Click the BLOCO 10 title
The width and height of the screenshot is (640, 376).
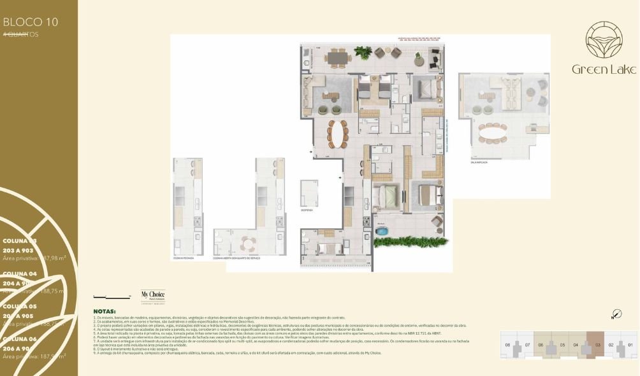(x=31, y=22)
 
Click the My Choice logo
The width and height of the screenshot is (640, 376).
(x=148, y=296)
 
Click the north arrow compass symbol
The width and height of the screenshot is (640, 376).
(x=615, y=314)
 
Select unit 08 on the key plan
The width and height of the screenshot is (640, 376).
(x=508, y=345)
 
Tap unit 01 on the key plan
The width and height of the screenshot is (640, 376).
(x=630, y=345)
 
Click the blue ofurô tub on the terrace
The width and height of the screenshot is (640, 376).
(x=382, y=231)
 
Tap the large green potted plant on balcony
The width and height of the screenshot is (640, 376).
(x=363, y=52)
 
